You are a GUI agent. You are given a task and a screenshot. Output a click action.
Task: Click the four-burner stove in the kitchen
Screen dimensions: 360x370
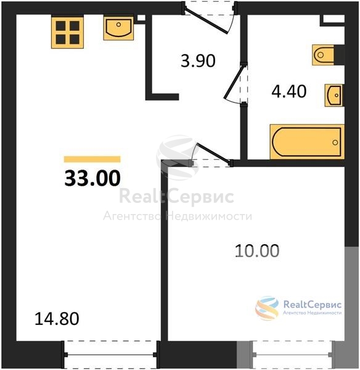click(67, 32)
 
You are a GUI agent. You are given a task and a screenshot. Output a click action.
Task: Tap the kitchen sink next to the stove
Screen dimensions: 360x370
click(118, 28)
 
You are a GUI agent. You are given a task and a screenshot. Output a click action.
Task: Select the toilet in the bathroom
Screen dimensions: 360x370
click(323, 55)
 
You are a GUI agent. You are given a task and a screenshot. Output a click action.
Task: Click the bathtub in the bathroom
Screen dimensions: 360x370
click(307, 142)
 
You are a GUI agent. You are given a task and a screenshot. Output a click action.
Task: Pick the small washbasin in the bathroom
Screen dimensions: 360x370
click(334, 96)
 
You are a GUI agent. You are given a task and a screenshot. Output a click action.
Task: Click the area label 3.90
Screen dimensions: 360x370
click(198, 61)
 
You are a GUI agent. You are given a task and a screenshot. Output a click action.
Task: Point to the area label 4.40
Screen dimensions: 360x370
click(289, 91)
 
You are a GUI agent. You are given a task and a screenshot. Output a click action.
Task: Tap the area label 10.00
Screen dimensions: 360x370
click(258, 250)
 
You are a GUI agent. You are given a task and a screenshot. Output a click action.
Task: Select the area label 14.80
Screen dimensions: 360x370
click(57, 319)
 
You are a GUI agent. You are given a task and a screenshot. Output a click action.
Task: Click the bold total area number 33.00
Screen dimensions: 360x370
click(92, 178)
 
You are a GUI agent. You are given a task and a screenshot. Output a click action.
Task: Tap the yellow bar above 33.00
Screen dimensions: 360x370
click(92, 159)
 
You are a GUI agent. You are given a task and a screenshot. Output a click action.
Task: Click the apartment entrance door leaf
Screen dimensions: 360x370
click(207, 20)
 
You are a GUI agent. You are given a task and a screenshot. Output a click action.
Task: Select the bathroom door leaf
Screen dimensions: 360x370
click(234, 81)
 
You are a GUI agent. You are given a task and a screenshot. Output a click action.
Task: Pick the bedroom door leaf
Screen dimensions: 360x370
click(214, 153)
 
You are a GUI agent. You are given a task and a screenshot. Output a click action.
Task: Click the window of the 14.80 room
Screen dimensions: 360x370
click(110, 355)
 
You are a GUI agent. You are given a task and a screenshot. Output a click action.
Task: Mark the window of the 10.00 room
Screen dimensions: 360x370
click(293, 355)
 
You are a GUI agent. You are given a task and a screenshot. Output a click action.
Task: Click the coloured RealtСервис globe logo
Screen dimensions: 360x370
click(267, 308)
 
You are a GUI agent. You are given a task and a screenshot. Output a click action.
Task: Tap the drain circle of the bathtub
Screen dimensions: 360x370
click(335, 142)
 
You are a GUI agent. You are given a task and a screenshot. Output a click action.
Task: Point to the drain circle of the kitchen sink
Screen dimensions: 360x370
click(118, 24)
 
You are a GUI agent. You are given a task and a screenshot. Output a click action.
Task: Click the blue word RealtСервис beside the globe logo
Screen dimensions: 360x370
click(313, 305)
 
